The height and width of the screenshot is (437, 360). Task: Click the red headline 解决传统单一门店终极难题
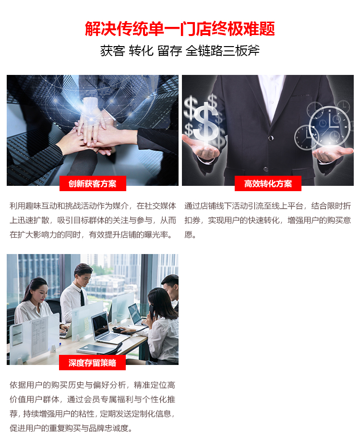coord(180,28)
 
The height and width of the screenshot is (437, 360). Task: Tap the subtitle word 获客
coord(113,51)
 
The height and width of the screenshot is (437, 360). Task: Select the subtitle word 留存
coord(169,51)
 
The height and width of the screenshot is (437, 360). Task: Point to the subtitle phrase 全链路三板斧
coord(222,51)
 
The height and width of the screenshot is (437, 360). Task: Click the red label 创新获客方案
coord(93,183)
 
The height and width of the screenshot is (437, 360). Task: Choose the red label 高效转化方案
coord(268,183)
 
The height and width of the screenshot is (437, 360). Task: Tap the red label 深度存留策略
coord(92,363)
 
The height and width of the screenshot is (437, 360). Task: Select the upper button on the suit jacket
coord(271,138)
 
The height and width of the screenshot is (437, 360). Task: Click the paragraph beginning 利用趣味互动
coord(93,220)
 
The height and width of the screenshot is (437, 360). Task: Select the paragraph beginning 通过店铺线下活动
coord(267,220)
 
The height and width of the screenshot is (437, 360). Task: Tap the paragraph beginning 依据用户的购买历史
coord(93,406)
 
